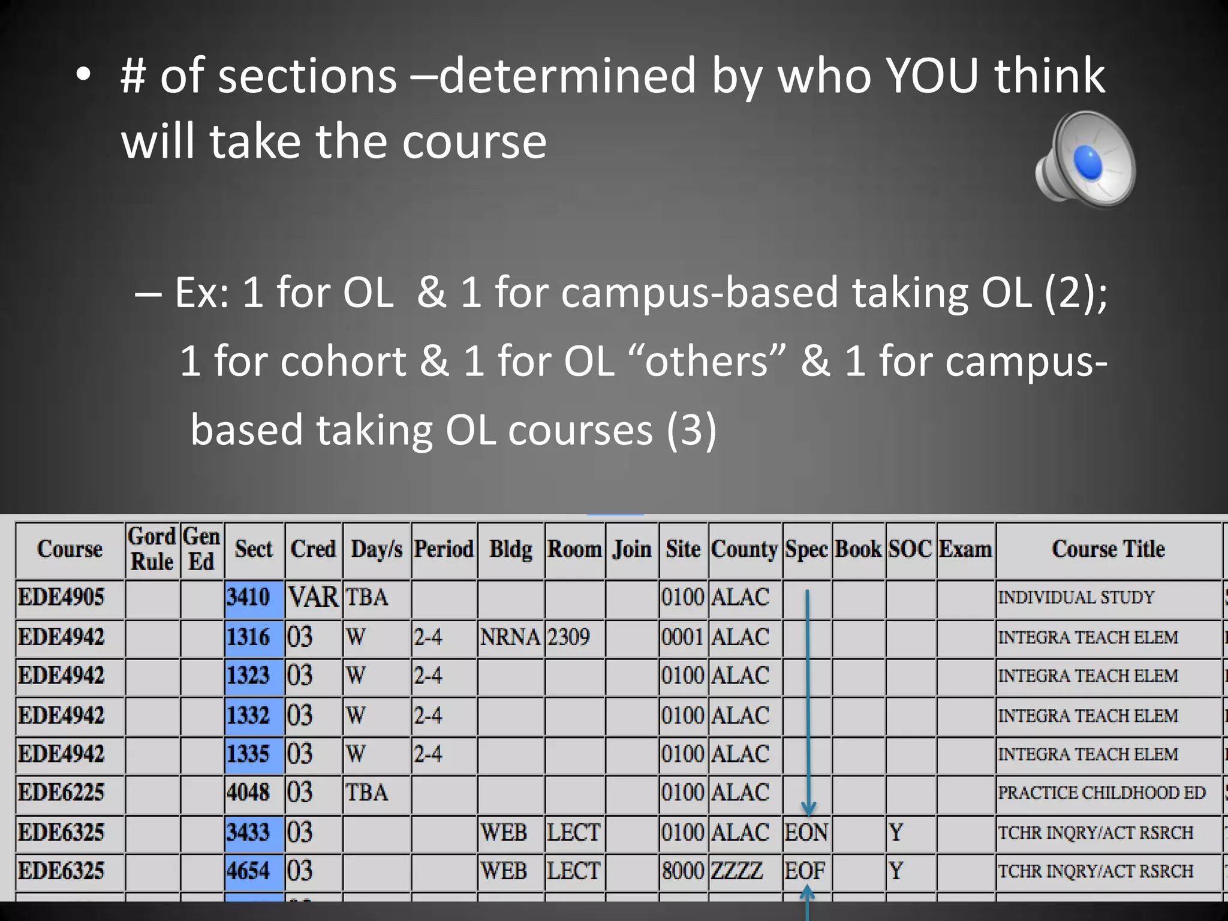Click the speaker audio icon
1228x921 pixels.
pos(1085,159)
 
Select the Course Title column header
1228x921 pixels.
pos(1108,549)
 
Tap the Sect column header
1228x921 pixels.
pos(254,549)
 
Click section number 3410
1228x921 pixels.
pos(248,597)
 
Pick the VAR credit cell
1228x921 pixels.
pos(313,597)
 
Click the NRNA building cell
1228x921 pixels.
pos(510,637)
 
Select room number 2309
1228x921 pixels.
pos(568,637)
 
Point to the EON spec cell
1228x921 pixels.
pos(806,832)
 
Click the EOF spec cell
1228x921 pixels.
pos(805,871)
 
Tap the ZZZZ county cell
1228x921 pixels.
pos(737,871)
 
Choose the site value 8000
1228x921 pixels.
pos(683,871)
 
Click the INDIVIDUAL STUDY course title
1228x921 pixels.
pos(1076,597)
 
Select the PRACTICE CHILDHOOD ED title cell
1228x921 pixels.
pos(1101,793)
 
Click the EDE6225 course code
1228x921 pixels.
pos(61,793)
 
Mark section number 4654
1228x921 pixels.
pos(248,871)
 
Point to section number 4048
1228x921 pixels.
pos(248,793)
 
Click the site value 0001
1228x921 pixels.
pos(683,637)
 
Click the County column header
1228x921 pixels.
pos(744,549)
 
